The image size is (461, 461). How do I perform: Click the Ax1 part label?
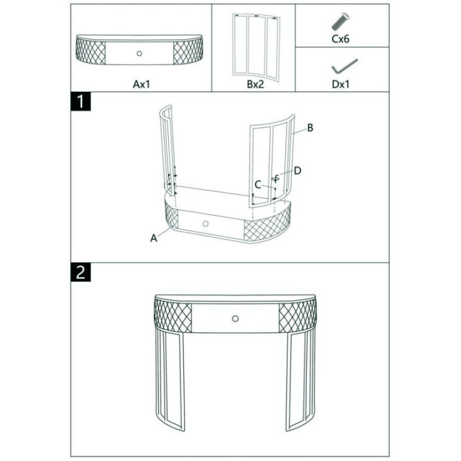pos(141,84)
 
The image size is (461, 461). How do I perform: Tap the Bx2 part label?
pos(255,84)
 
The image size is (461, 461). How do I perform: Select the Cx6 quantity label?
pos(341,39)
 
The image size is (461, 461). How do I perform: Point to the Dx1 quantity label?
pos(341,84)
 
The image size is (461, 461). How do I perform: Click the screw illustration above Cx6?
pos(340,22)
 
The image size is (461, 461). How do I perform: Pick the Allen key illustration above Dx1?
pos(344,66)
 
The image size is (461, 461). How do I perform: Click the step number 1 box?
pos(81,101)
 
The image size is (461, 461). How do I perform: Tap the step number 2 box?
pos(81,272)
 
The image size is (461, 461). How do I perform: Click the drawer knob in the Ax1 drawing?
pos(139,54)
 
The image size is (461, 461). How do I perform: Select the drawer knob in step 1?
pos(206,224)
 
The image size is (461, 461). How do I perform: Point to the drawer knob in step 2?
pos(235,318)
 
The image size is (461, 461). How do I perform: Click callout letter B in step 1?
pos(310,128)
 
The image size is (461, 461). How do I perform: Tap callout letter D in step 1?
pos(298,171)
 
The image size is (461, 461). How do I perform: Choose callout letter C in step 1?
pos(258,184)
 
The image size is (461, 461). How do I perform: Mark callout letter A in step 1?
pos(154,238)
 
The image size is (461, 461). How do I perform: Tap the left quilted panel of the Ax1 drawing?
pos(91,52)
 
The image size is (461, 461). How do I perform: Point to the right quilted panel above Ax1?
pos(188,52)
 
